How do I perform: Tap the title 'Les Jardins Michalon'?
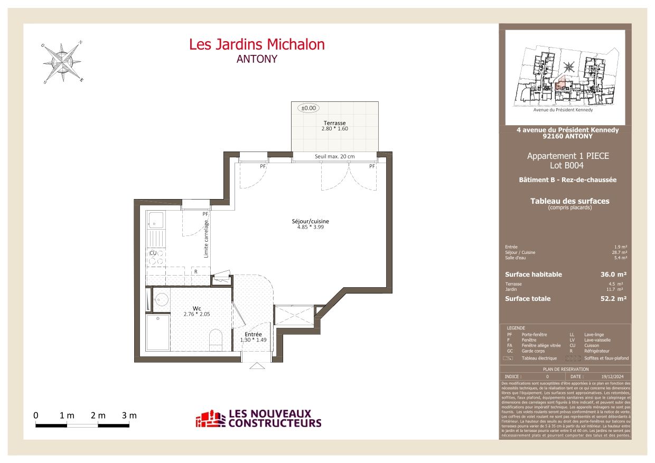[x=257, y=45]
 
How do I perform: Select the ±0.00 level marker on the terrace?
[x=308, y=108]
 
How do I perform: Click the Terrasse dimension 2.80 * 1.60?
[x=335, y=129]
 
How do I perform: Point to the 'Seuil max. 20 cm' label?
[x=335, y=157]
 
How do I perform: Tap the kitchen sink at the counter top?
[x=156, y=220]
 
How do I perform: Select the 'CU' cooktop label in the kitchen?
[x=153, y=253]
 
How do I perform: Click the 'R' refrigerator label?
[x=196, y=272]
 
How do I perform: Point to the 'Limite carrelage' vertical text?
[x=207, y=239]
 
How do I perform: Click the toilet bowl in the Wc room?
[x=217, y=339]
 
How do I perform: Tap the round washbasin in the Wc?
[x=161, y=300]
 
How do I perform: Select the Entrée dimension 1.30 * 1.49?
[x=254, y=340]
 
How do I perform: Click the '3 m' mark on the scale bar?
[x=129, y=415]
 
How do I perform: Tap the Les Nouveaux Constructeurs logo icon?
[x=210, y=419]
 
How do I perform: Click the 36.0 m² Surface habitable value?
[x=614, y=275]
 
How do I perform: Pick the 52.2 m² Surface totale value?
[x=614, y=299]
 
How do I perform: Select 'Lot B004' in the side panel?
[x=568, y=165]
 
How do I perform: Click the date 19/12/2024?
[x=612, y=376]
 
